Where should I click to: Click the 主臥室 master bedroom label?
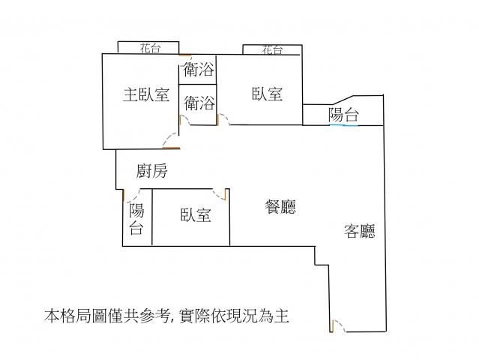point(146,94)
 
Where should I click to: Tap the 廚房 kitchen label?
point(152,171)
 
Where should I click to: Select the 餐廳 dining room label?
point(280,207)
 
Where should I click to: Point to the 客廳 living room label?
point(360,231)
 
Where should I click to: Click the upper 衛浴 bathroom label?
point(199,69)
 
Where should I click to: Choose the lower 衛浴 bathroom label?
point(199,103)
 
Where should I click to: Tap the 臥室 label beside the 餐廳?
point(196,214)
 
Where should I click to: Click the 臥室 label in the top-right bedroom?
point(268,94)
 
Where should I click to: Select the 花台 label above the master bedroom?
point(150,48)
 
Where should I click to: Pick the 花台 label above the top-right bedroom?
point(272,49)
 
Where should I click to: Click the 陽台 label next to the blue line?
point(343,115)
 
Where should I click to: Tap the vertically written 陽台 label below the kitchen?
point(136,219)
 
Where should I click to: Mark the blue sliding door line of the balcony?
point(343,125)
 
